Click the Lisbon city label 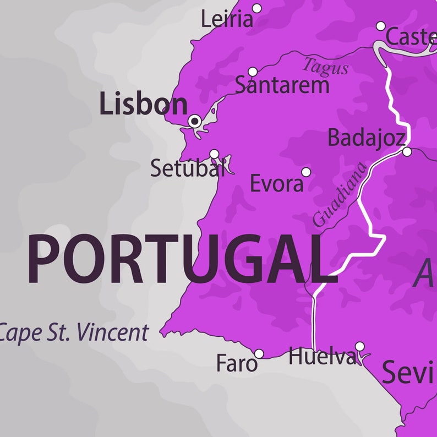tap(143, 105)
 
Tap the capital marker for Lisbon tap(194, 121)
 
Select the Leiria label tap(227, 20)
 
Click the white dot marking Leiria tap(257, 8)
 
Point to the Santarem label tap(282, 85)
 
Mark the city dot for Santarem tap(253, 72)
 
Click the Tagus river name tap(326, 66)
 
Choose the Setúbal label tap(187, 169)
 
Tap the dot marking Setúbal tap(214, 154)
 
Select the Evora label tap(276, 184)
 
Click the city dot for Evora tap(306, 172)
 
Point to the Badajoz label tap(367, 138)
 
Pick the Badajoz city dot tap(407, 151)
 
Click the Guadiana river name tap(340, 194)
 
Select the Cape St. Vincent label tap(73, 332)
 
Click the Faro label tap(237, 363)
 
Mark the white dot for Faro tap(259, 353)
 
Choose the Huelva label tap(323, 357)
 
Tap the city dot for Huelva tap(359, 346)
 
